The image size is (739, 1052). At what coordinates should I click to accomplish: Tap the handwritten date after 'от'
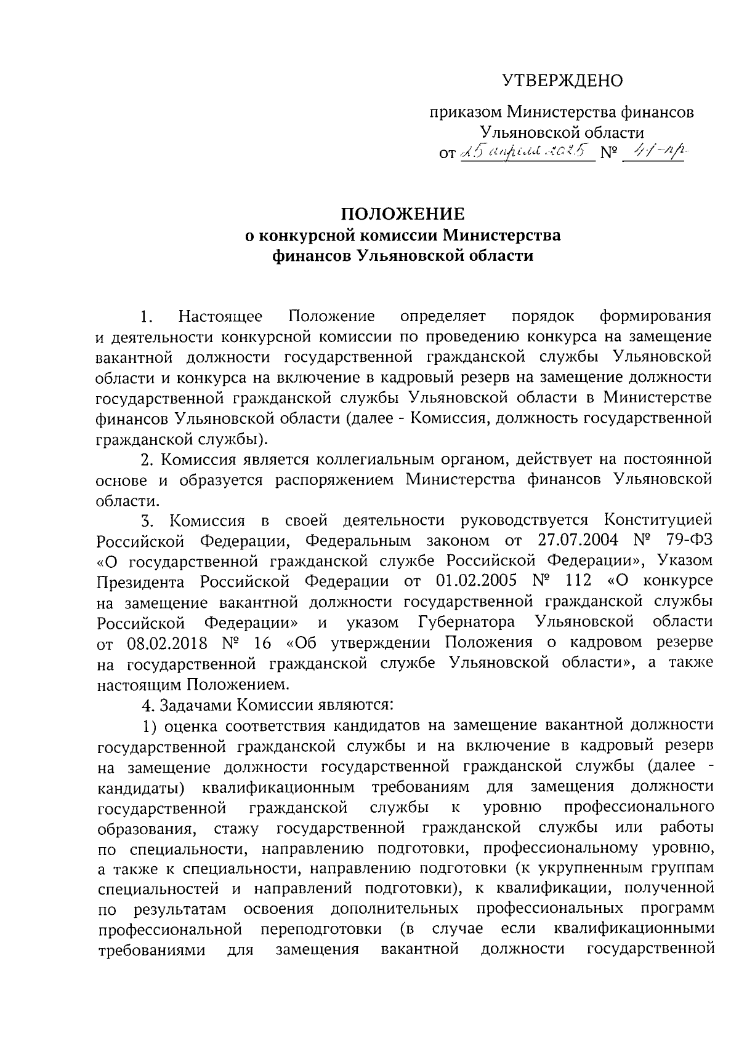[x=528, y=151]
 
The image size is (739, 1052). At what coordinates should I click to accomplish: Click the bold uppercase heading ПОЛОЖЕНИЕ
[x=403, y=214]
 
